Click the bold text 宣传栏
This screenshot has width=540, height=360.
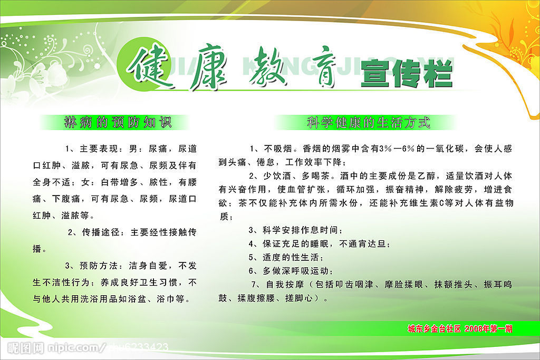[x=406, y=73]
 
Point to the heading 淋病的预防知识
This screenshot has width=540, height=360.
[x=118, y=122]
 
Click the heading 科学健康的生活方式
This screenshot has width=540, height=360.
[x=369, y=122]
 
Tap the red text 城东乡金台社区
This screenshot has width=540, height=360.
[x=434, y=329]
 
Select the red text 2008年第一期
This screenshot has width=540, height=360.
[x=488, y=329]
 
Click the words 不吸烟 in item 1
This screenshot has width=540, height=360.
[x=278, y=149]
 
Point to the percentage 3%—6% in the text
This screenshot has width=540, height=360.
[x=397, y=149]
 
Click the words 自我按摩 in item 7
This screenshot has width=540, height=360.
[x=285, y=285]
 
